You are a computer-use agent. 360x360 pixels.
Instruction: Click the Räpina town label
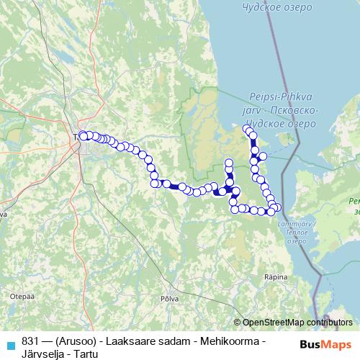point(276,276)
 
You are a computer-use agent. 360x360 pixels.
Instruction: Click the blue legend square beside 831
point(10,343)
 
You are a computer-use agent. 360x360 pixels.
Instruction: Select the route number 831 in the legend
point(30,340)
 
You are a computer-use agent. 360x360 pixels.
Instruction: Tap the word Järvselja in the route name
point(42,353)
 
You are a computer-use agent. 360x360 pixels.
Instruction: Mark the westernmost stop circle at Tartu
point(82,135)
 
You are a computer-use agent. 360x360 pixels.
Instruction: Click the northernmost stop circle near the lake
point(247,129)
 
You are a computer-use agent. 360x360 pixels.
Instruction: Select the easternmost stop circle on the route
point(278,208)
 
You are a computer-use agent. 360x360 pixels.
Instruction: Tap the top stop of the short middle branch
point(229,163)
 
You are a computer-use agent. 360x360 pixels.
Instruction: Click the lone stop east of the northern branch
point(263,156)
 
